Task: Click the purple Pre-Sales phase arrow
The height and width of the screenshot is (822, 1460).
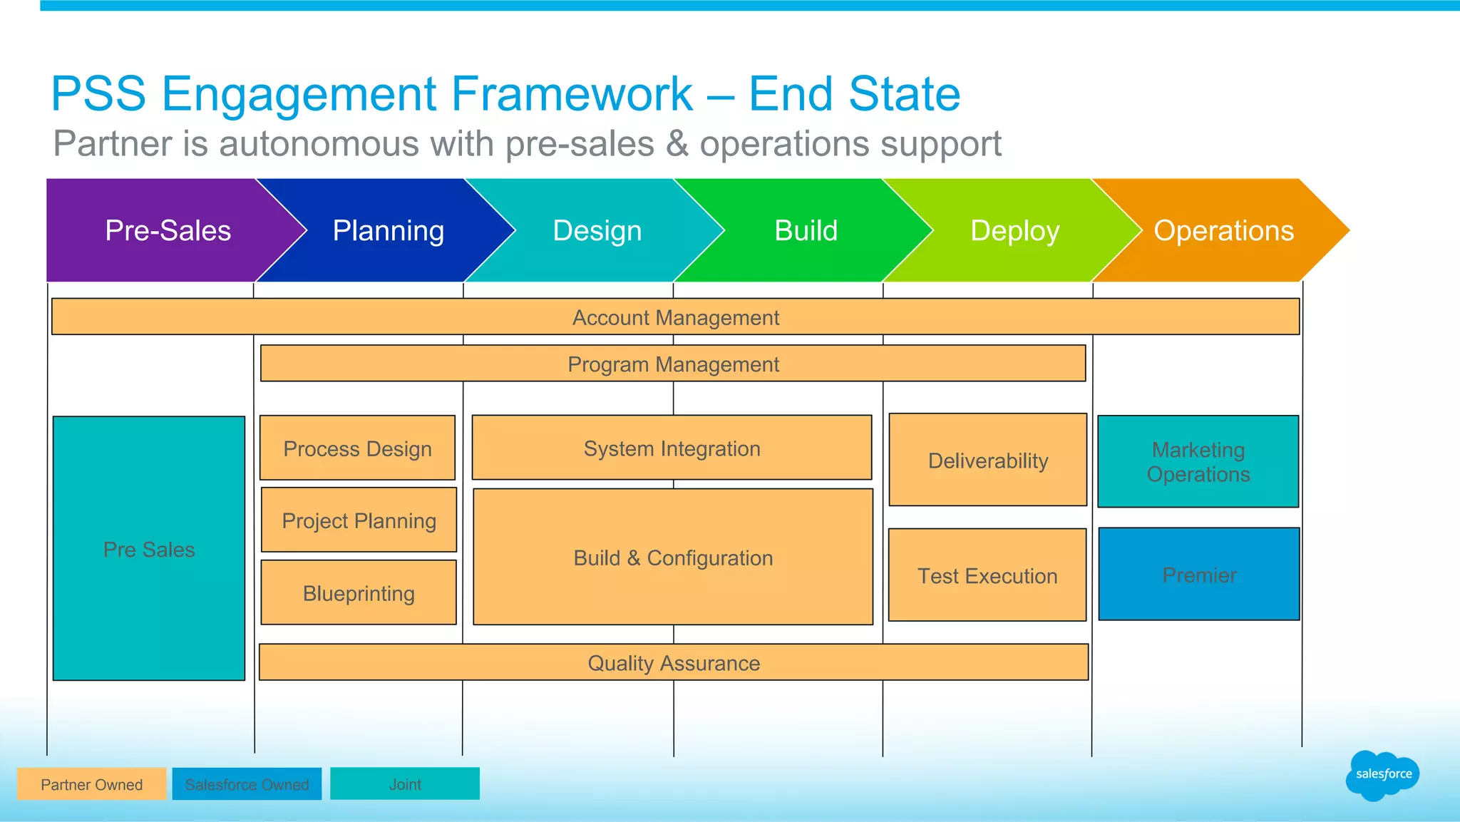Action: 168,230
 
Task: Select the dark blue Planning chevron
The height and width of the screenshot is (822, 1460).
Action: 389,230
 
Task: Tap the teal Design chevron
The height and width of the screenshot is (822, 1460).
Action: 597,230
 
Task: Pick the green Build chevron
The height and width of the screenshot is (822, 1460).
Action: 806,230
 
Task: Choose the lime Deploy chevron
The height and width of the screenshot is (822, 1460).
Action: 1015,230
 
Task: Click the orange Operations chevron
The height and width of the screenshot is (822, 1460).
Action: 1224,230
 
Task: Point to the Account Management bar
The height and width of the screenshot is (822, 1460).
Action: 675,317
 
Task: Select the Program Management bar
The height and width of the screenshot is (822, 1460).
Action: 673,364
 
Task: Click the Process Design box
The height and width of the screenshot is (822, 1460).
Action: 357,448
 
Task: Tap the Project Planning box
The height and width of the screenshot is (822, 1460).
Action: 359,520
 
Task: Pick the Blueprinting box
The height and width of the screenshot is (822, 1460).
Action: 359,592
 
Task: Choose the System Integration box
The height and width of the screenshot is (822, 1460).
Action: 672,448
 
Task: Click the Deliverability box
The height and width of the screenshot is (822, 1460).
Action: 987,460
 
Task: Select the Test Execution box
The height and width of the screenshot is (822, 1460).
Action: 987,575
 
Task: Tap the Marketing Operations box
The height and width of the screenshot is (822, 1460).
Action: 1198,462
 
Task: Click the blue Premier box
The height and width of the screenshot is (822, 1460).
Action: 1199,575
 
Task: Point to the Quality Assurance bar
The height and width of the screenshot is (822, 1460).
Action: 674,662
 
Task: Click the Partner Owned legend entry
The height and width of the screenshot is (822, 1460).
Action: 91,784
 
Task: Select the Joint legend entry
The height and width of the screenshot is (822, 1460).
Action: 405,784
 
